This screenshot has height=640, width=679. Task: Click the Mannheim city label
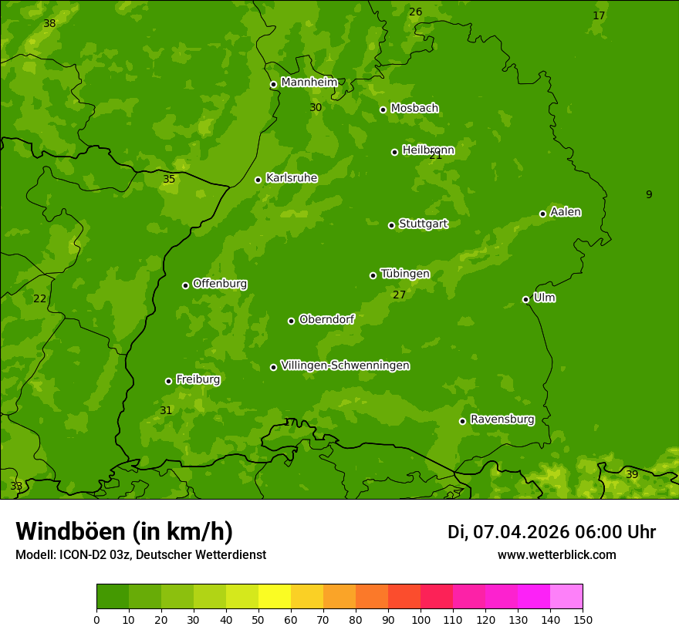coord(309,82)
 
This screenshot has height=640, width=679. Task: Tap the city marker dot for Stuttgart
coord(391,225)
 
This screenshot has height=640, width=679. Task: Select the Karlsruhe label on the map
coord(291,178)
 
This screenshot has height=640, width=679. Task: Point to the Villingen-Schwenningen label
coord(345,365)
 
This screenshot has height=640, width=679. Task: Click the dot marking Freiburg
coord(168,381)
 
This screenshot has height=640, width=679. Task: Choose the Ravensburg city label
coord(502,419)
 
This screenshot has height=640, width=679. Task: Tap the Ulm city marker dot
coord(525,299)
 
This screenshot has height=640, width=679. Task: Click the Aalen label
coord(565,212)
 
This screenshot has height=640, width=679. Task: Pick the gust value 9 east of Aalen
coord(649,194)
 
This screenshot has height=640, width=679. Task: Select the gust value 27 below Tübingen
coord(399,295)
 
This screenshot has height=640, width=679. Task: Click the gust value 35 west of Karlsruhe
coord(169,179)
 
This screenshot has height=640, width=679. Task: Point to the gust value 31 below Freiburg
coord(166,410)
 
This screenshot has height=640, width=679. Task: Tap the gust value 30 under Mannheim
coord(316,107)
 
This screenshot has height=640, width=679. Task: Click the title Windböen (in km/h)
coord(124,531)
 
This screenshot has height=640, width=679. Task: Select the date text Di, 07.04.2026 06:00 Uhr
coord(551,532)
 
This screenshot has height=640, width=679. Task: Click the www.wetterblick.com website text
coord(556,555)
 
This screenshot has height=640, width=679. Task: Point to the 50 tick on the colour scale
coord(258,619)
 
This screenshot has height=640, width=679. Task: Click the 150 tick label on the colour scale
coord(583,619)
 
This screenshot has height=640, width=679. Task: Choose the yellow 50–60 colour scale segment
coord(275,596)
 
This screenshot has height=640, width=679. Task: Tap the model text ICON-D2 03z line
coord(140,555)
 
